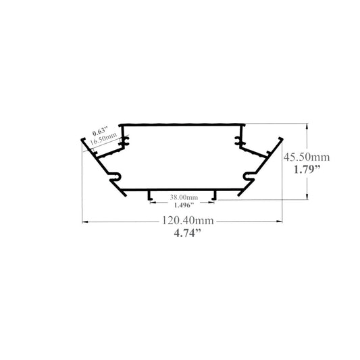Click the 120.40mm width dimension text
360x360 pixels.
(x=188, y=220)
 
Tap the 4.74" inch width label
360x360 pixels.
(x=188, y=233)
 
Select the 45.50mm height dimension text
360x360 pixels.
(x=307, y=157)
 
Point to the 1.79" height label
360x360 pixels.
(x=307, y=170)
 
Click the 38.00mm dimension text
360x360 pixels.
(x=184, y=197)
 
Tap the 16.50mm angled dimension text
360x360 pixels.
(x=103, y=138)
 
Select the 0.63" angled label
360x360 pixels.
(x=100, y=131)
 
